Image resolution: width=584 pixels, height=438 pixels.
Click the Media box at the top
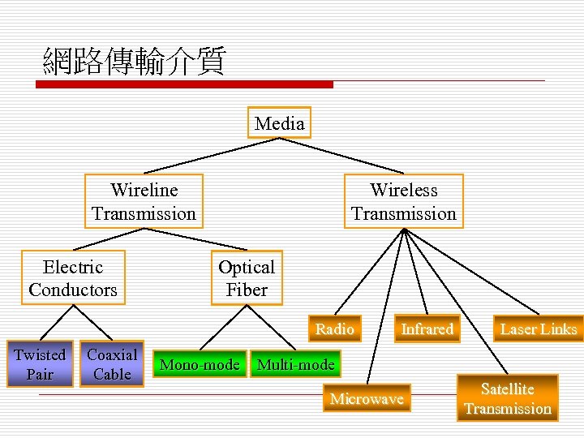(279, 123)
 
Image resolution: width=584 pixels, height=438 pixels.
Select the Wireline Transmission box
(144, 202)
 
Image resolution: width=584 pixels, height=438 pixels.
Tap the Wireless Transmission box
(403, 202)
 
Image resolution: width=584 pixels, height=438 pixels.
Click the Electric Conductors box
(73, 278)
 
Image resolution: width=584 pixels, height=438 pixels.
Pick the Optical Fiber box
(247, 278)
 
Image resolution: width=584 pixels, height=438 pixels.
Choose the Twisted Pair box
(39, 364)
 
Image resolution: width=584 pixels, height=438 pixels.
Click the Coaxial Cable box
(112, 364)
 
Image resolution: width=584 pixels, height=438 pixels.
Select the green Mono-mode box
(200, 365)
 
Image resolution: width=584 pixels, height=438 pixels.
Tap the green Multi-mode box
(295, 365)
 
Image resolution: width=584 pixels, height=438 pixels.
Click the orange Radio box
(334, 328)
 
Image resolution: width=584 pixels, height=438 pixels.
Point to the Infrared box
(427, 328)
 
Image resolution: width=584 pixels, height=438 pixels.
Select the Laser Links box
(539, 328)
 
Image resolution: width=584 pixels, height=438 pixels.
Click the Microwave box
(367, 398)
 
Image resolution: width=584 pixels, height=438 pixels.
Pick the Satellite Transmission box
(508, 398)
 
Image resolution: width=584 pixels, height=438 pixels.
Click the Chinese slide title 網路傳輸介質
(134, 61)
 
